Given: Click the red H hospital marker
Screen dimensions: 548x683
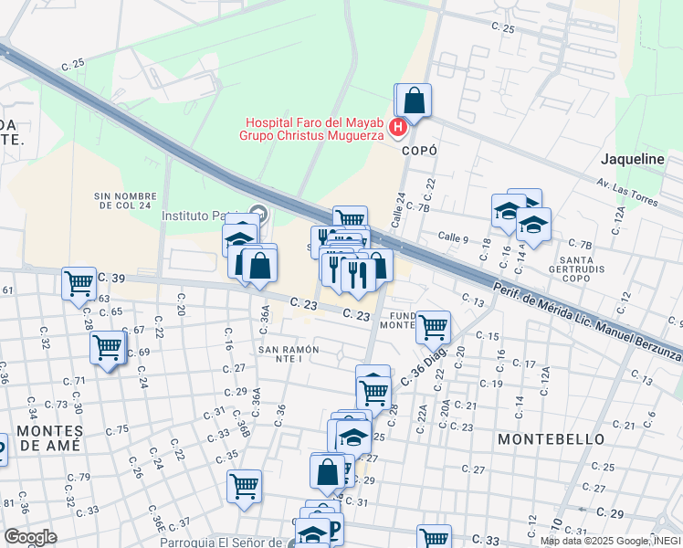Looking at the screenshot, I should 398,127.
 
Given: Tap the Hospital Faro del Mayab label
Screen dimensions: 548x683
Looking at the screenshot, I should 313,128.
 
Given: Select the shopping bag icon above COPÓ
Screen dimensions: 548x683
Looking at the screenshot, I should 414,100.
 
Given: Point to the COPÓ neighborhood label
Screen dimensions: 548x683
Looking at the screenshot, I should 419,151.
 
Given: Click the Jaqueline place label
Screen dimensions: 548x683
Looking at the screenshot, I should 632,159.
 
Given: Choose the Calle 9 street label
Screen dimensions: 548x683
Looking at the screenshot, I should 453,237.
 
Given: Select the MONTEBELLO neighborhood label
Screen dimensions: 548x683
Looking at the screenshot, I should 551,439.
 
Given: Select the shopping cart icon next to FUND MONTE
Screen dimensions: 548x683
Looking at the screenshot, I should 433,325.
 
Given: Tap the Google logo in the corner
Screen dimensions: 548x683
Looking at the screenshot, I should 30,536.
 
